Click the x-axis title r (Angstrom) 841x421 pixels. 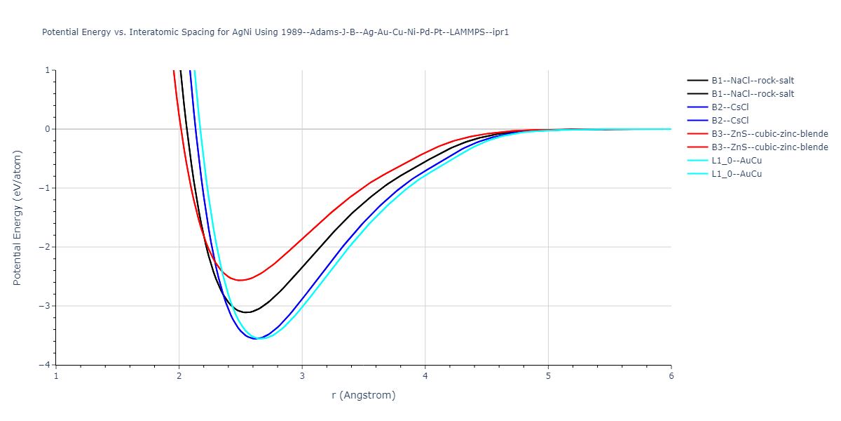(364, 395)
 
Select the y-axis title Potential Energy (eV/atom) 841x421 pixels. (18, 218)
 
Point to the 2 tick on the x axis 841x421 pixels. (179, 376)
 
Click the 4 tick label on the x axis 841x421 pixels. (425, 376)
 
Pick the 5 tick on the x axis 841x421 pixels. (548, 376)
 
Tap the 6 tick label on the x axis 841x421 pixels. (671, 376)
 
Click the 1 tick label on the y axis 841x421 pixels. (47, 70)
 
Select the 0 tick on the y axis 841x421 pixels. (47, 129)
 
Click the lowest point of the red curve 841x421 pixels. (240, 280)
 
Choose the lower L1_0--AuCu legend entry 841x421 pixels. (736, 174)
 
